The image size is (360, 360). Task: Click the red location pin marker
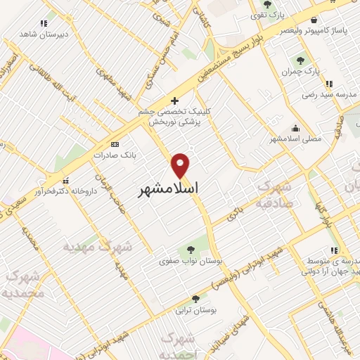click(x=181, y=166)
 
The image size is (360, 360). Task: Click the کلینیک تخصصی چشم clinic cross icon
click(x=174, y=101)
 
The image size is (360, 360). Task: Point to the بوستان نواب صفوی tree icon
click(x=191, y=250)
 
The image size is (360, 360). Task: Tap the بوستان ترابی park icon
click(x=195, y=299)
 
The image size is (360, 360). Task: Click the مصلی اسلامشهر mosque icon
click(x=295, y=128)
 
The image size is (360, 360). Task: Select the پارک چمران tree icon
click(x=301, y=61)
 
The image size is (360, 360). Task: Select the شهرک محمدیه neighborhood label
click(x=22, y=283)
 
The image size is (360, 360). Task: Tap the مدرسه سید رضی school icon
click(x=329, y=84)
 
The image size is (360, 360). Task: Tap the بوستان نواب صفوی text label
click(x=189, y=261)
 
